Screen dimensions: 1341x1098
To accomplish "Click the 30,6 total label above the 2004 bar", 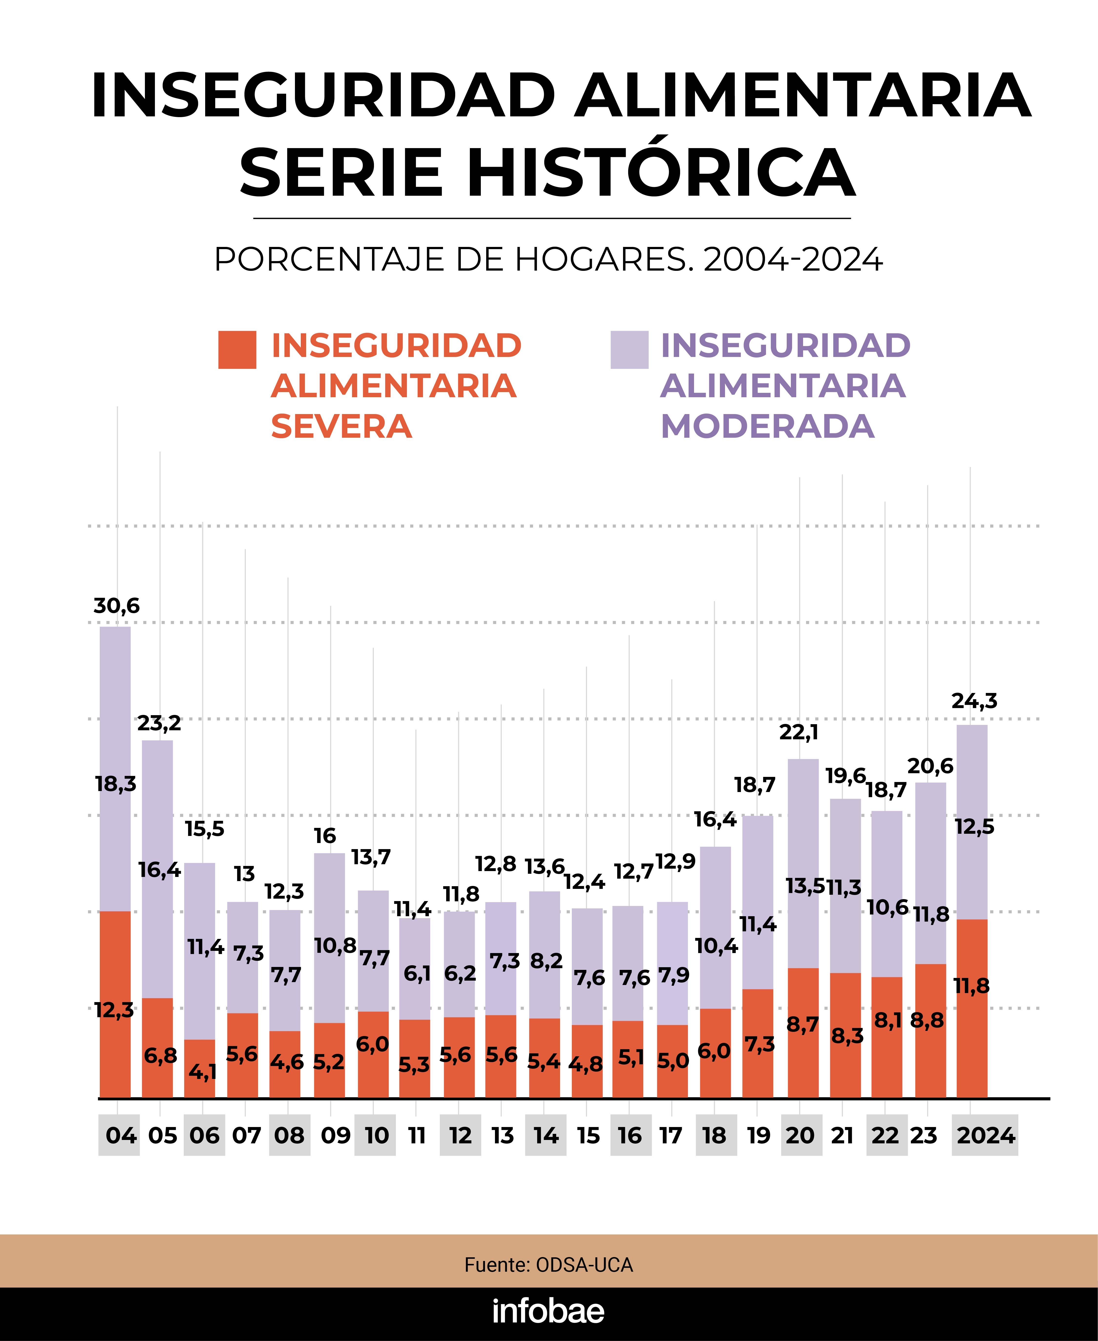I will (x=116, y=606).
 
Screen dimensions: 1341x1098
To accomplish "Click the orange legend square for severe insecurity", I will (x=237, y=350).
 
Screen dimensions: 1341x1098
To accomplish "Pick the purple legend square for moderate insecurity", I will (x=629, y=350).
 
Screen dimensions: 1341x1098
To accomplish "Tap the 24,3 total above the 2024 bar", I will (x=974, y=701).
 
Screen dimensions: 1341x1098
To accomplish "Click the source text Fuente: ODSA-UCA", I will (x=548, y=1265).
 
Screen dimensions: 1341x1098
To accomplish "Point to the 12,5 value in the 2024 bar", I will (x=974, y=827).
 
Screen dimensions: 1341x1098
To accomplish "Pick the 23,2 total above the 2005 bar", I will (x=159, y=723).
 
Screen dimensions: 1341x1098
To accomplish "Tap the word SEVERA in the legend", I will (x=342, y=426).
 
